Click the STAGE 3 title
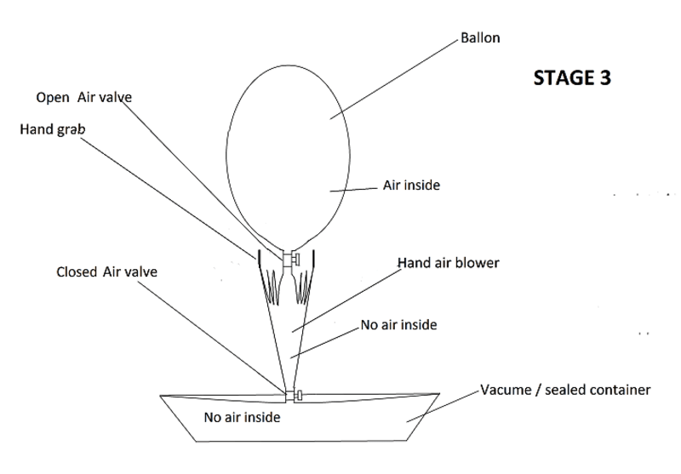(x=571, y=77)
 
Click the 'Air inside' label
(x=412, y=185)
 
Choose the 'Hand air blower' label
(x=449, y=263)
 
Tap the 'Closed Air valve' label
(x=106, y=272)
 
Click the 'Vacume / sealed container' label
(x=565, y=391)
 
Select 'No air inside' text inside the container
(x=242, y=418)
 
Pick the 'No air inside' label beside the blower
(x=399, y=325)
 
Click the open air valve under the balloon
(x=290, y=257)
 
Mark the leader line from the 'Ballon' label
(x=392, y=81)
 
